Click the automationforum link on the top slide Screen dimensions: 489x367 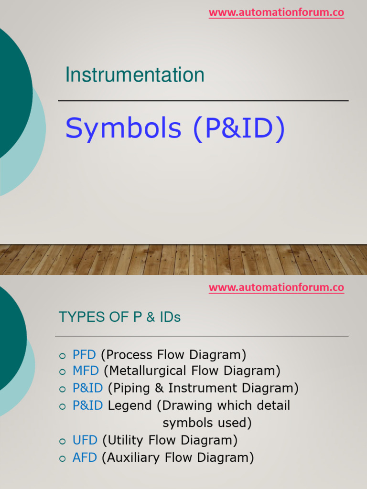[276, 13]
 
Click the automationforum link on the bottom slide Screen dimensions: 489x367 [276, 288]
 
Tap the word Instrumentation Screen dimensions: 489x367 [135, 75]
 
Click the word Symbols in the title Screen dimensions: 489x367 [123, 128]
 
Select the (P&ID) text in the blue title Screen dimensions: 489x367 [238, 128]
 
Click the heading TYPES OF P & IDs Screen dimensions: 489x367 [119, 317]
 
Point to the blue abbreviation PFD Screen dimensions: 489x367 [84, 355]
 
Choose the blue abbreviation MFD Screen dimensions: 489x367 [86, 371]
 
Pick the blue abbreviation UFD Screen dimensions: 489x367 [85, 440]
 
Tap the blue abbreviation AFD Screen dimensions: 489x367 [85, 457]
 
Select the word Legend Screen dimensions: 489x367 [130, 405]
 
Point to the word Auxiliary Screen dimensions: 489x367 [134, 457]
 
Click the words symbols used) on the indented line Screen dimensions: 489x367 [207, 423]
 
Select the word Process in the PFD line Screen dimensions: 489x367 [127, 355]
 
